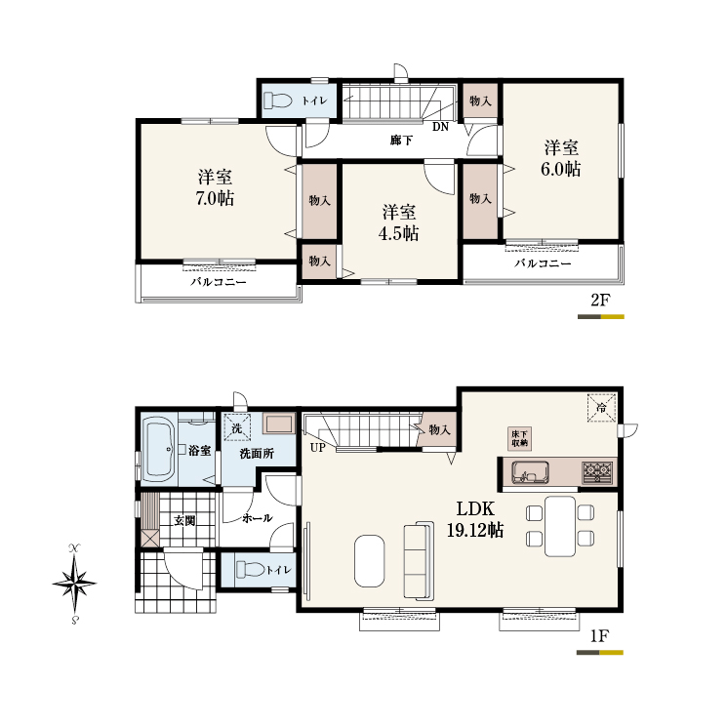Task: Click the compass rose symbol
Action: tap(74, 584)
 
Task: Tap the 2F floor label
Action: tap(600, 301)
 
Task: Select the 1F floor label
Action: tap(599, 636)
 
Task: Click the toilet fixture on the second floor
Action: tap(278, 101)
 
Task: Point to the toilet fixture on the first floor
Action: tap(251, 569)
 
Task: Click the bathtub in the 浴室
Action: tap(159, 450)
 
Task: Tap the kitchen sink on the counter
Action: tap(530, 472)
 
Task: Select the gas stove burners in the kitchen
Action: tap(597, 472)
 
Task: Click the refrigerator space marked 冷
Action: tap(601, 408)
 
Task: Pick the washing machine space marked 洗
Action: tap(237, 427)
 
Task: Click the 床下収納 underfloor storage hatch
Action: tap(519, 438)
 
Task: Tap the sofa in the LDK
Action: tap(420, 560)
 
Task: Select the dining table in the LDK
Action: tap(560, 526)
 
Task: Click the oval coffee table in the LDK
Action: tap(370, 561)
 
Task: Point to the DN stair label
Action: tap(440, 127)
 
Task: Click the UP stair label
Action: tap(317, 448)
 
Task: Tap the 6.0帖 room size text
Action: tap(560, 169)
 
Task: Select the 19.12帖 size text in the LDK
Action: tap(475, 530)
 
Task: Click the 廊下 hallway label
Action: tap(401, 140)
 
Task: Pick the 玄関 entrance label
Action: tap(184, 521)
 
